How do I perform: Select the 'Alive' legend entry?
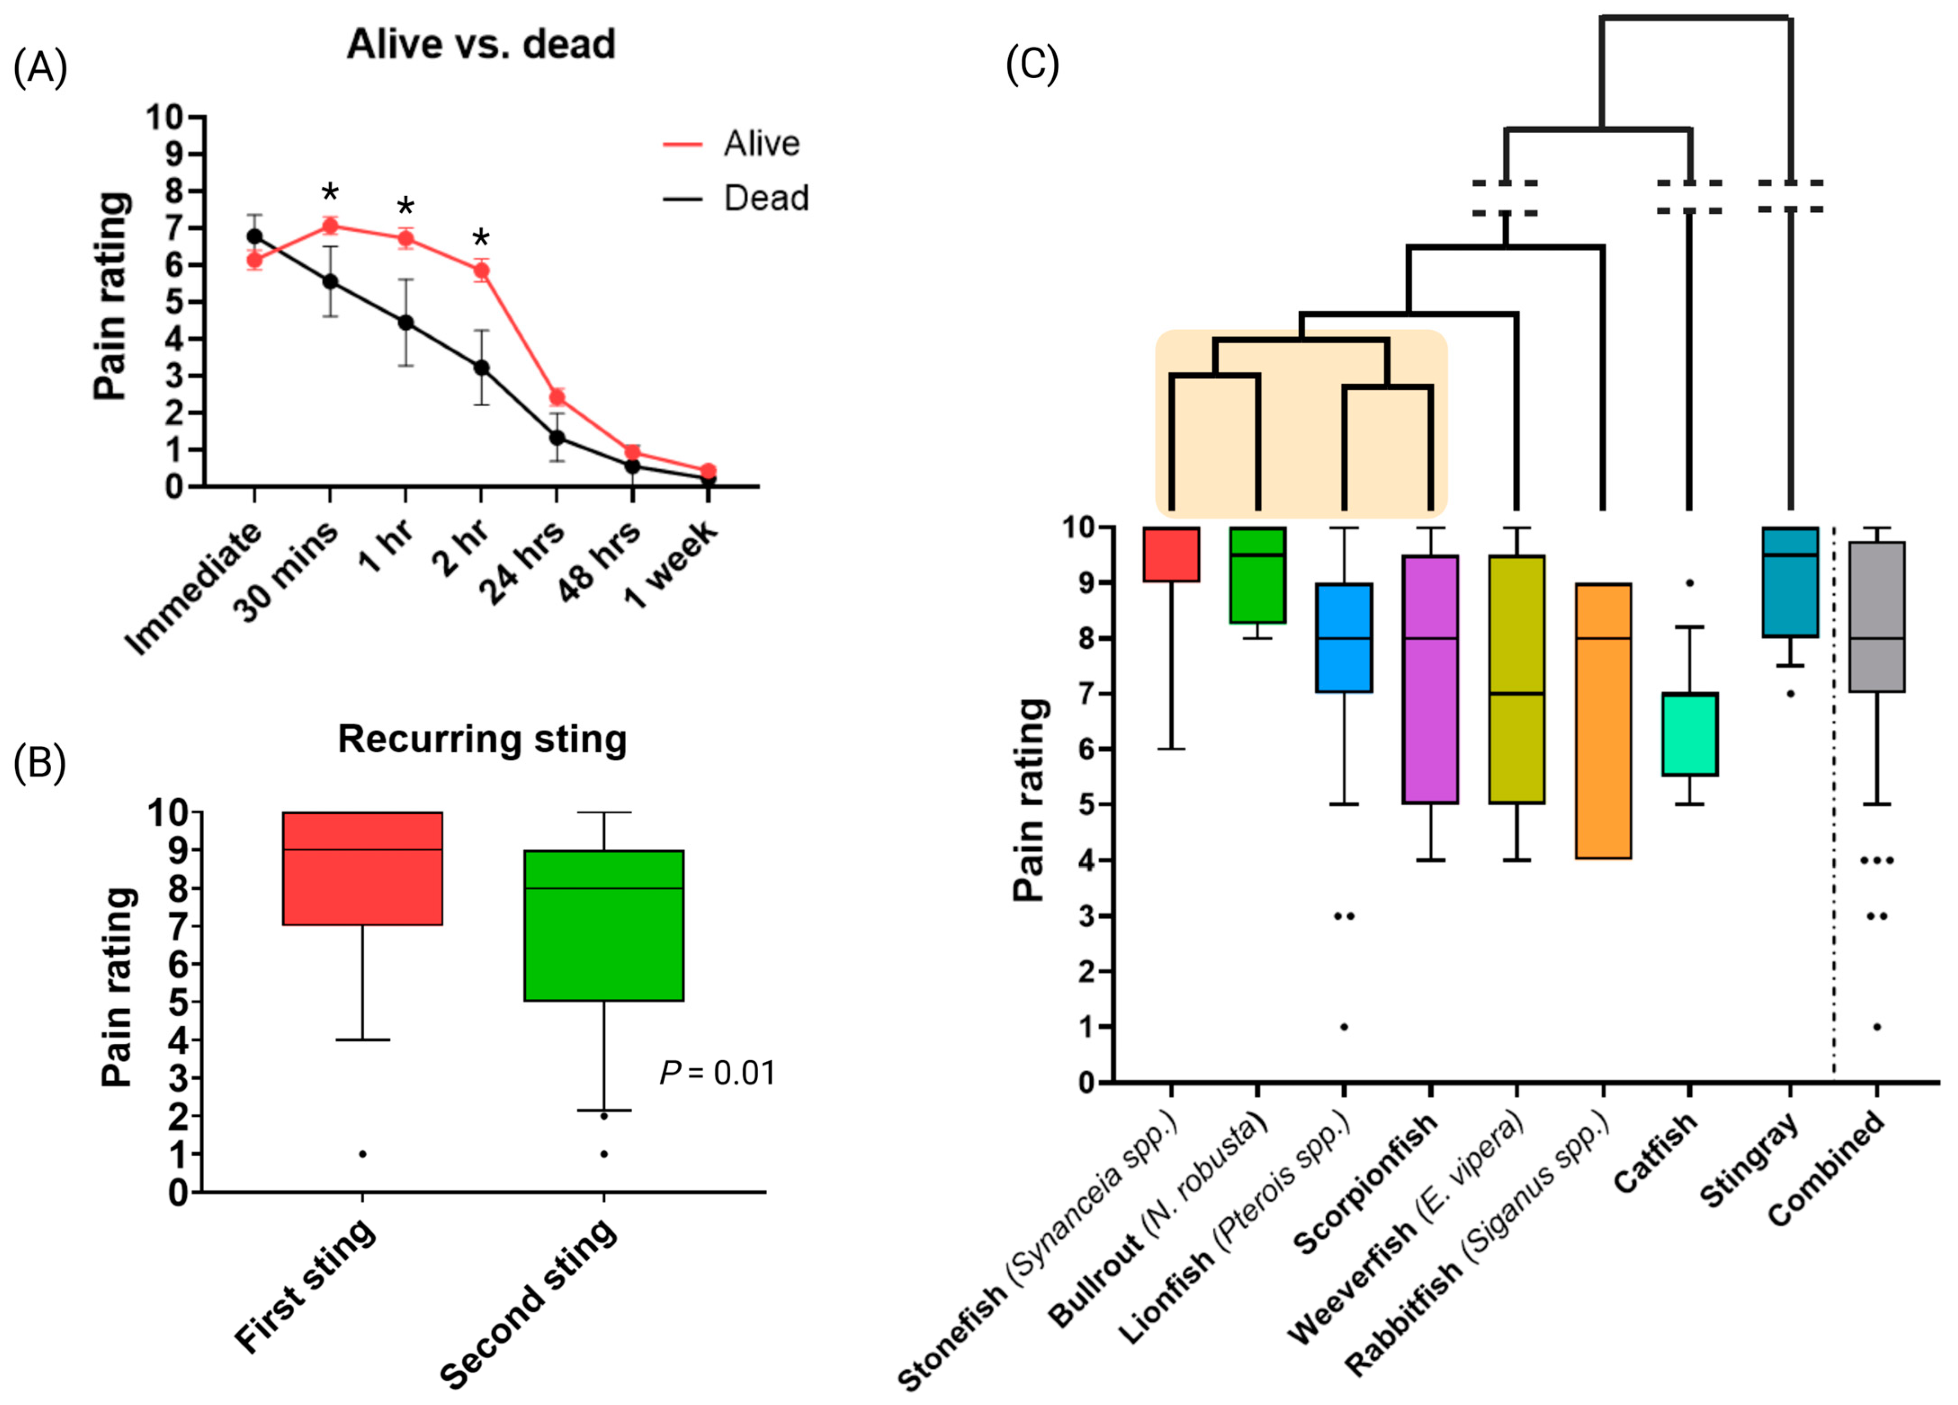pos(760,144)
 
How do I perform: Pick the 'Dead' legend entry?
pos(765,198)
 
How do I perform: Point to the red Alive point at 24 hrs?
pos(557,397)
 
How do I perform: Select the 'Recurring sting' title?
pos(482,739)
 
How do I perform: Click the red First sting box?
pos(362,868)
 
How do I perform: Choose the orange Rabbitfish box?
pos(1603,721)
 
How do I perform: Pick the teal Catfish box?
pos(1690,734)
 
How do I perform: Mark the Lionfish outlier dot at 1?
pos(1344,1027)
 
